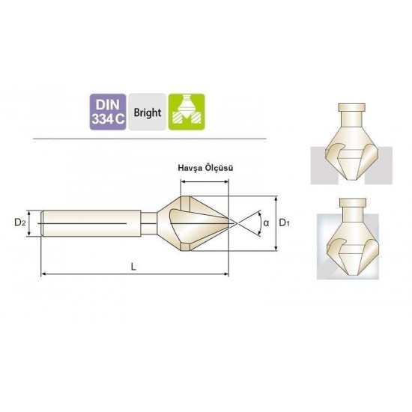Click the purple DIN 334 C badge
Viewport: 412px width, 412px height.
point(108,112)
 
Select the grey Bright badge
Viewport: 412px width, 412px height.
point(147,112)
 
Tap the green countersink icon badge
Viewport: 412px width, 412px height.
point(187,112)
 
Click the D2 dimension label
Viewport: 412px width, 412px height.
point(20,222)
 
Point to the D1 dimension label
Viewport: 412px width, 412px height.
point(284,222)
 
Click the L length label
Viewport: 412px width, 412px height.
point(134,267)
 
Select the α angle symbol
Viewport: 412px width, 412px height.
point(266,223)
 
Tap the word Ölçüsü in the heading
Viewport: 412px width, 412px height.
point(219,168)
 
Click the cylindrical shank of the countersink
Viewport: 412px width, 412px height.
point(91,223)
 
